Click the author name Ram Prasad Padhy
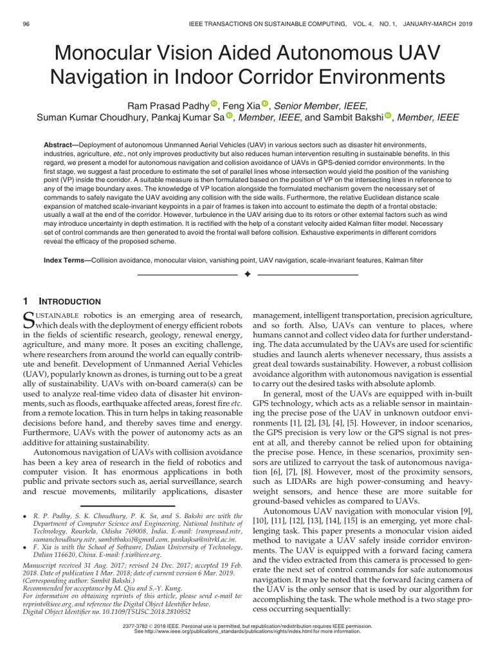click(174, 106)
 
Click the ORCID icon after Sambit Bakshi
click(388, 116)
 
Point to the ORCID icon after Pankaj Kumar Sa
click(230, 116)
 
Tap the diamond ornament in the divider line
click(247, 275)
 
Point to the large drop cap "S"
click(28, 320)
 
